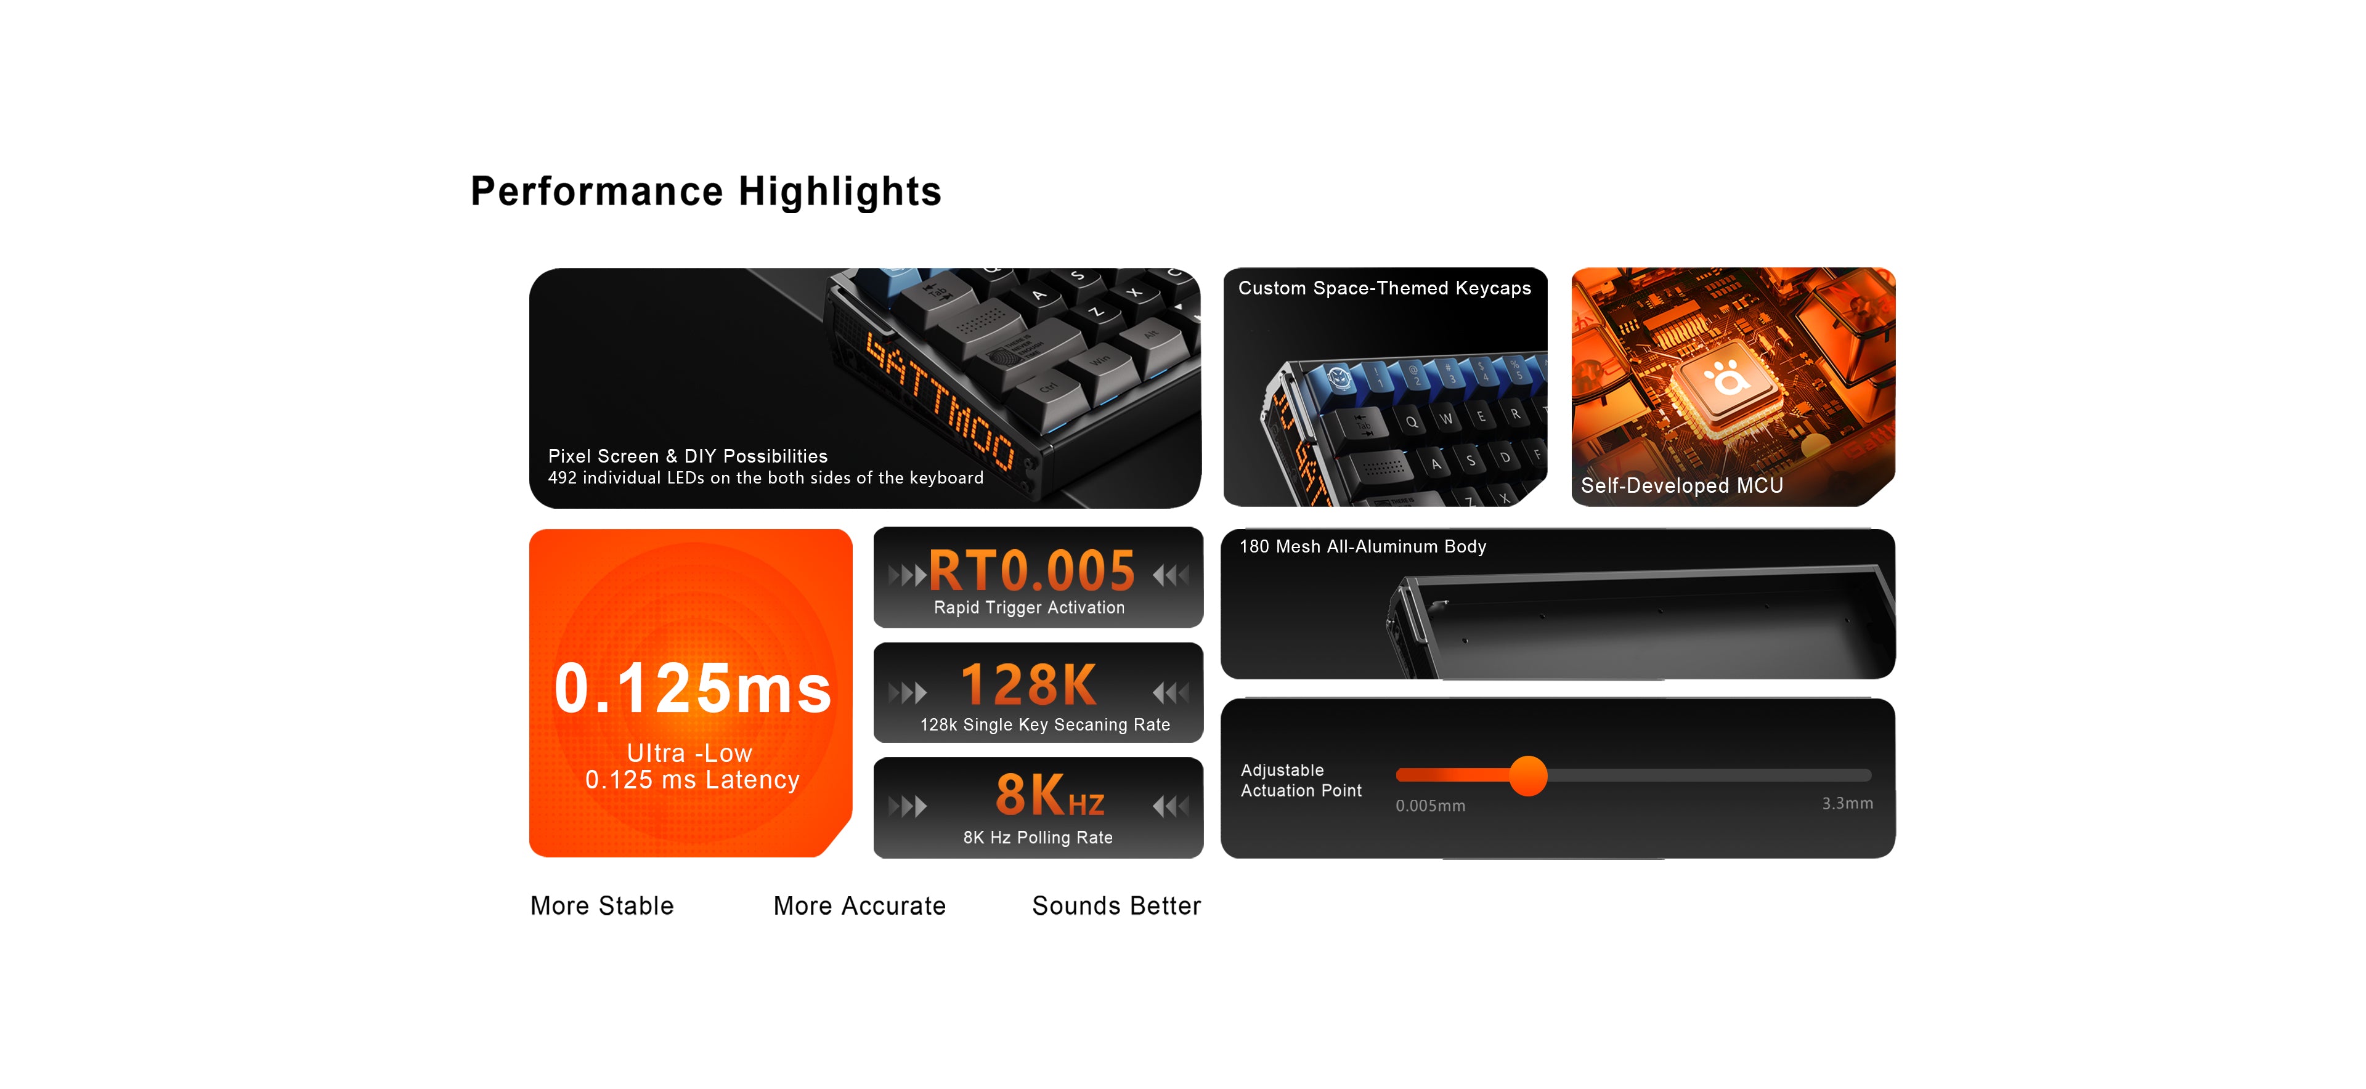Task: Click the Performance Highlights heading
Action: click(x=705, y=191)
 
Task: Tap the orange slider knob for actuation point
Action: click(x=1528, y=776)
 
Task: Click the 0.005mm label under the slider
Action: click(x=1430, y=805)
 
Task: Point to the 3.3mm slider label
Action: click(x=1847, y=803)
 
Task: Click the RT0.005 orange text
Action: click(x=1031, y=570)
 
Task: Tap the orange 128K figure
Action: click(x=1029, y=684)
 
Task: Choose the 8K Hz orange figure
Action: click(x=1050, y=794)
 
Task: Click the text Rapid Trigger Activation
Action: click(x=1029, y=607)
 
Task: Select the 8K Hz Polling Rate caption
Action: click(x=1038, y=838)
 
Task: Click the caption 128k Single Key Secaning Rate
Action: click(x=1045, y=724)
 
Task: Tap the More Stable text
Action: click(x=601, y=905)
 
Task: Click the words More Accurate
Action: click(x=860, y=905)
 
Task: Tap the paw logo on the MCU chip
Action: click(x=1726, y=378)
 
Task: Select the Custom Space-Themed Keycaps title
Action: click(x=1384, y=288)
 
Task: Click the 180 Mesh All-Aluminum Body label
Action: click(x=1362, y=546)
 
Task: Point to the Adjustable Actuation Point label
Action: click(x=1301, y=780)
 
